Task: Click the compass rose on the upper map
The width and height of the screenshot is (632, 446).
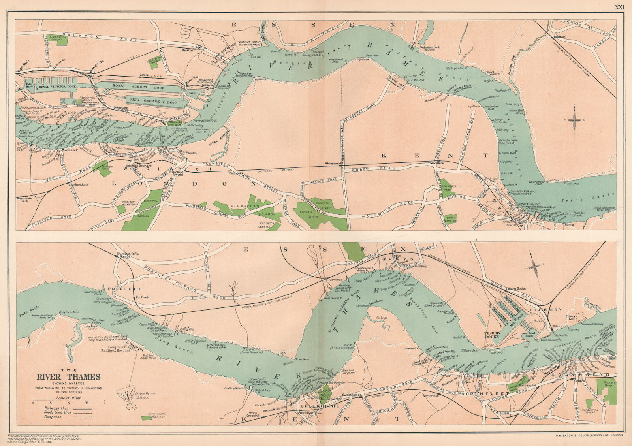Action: (x=576, y=119)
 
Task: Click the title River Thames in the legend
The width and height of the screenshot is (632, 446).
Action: (x=69, y=377)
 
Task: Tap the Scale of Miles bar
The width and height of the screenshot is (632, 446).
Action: (x=68, y=403)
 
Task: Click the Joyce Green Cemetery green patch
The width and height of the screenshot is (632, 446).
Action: (x=146, y=418)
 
